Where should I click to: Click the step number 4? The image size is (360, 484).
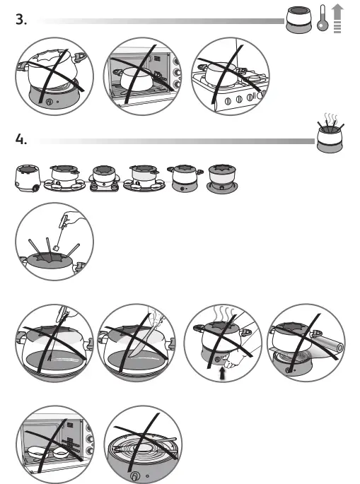[x=21, y=140]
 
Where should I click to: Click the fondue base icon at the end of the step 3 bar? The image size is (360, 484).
[x=298, y=20]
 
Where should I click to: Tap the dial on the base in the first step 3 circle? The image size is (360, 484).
[x=49, y=102]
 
